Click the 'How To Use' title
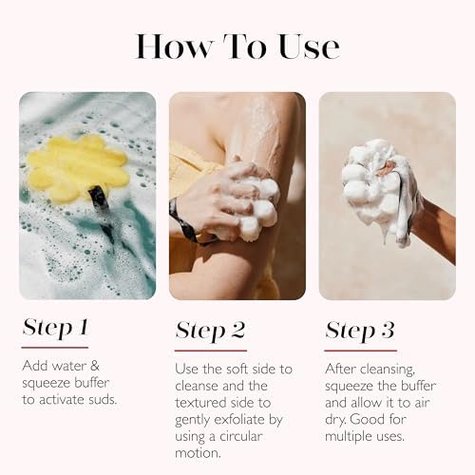237,46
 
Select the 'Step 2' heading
211,330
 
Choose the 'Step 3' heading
360,330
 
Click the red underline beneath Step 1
54,347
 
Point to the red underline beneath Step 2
210,350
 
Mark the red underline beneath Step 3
360,350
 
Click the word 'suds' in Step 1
104,399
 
